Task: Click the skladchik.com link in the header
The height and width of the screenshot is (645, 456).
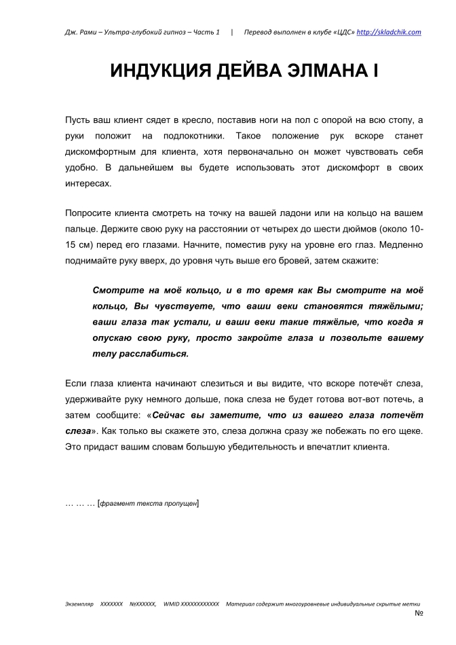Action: (389, 32)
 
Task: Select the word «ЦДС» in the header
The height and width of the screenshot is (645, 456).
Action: (341, 32)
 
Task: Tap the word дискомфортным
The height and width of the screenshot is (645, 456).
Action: (102, 151)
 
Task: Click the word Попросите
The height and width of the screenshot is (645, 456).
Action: (91, 213)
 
